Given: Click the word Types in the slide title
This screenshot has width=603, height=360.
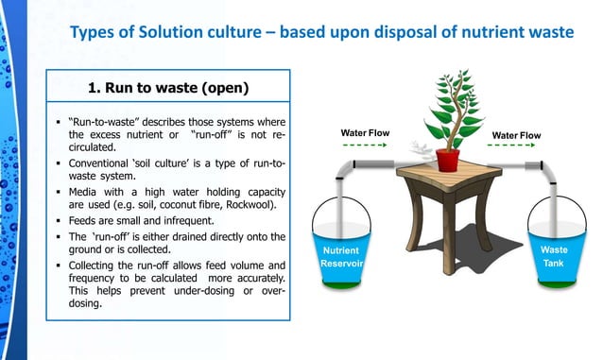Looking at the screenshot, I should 94,33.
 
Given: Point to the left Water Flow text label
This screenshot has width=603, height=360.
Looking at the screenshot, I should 364,135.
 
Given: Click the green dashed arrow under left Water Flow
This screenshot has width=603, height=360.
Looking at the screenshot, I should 364,146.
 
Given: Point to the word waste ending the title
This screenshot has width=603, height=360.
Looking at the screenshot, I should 547,33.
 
